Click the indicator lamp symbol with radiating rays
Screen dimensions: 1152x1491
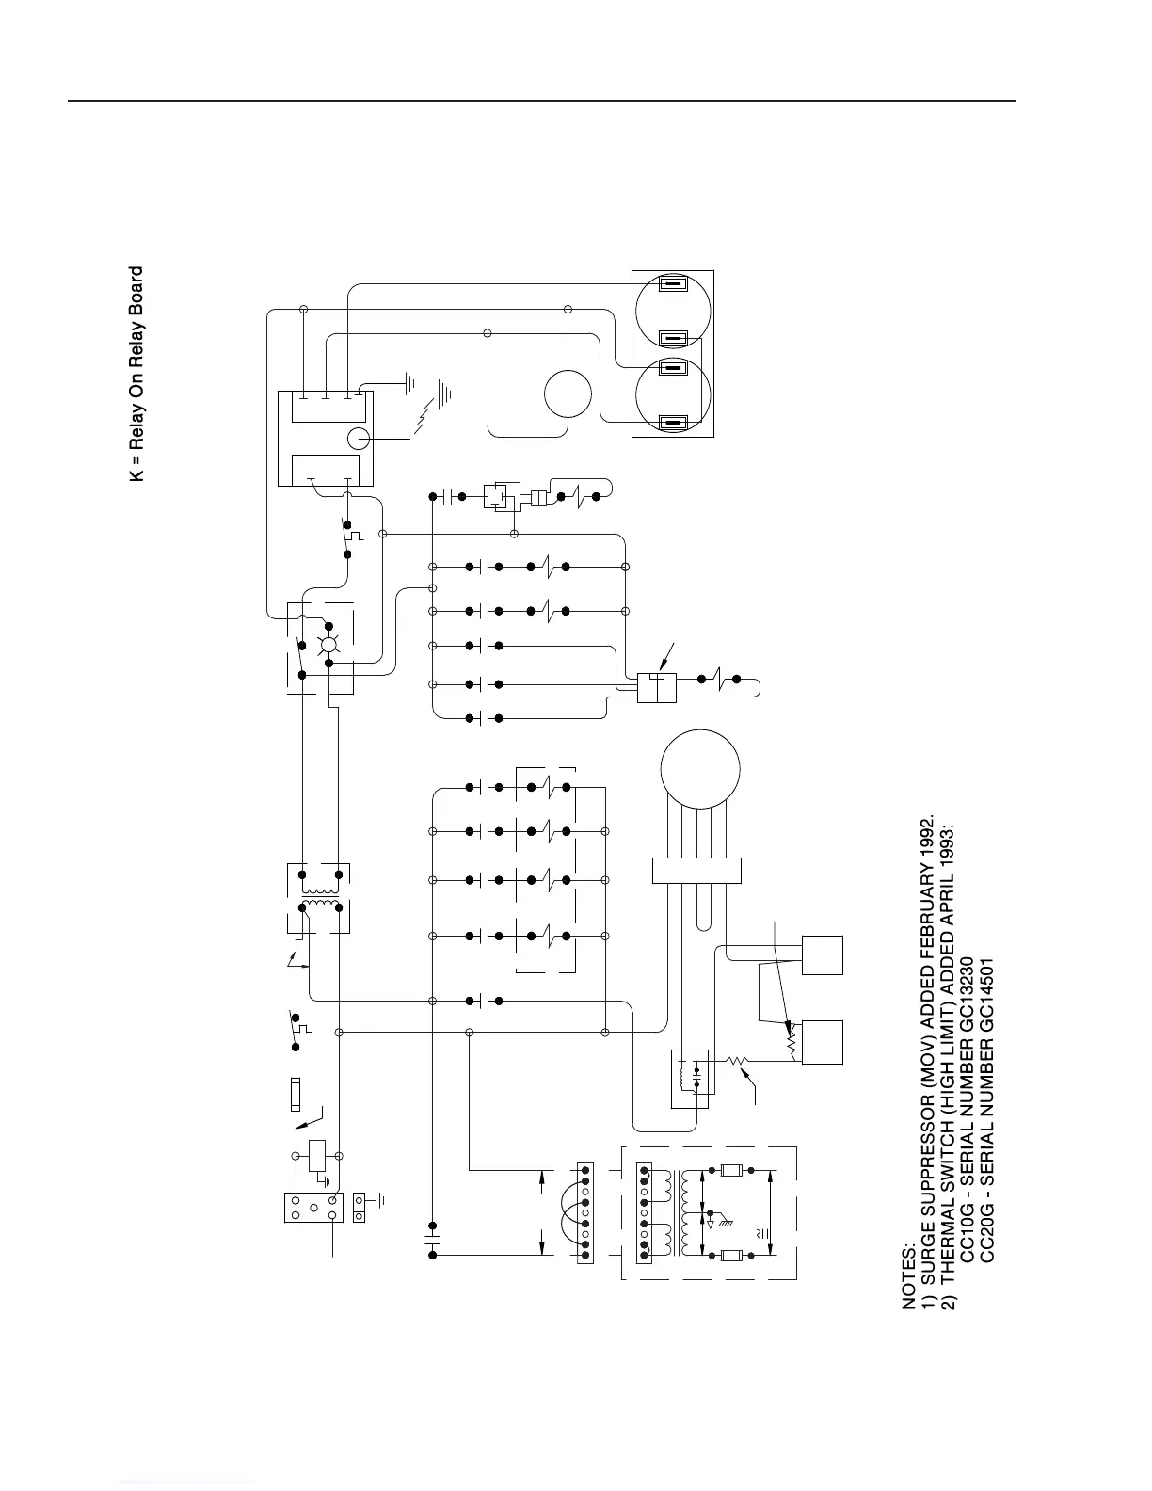[x=328, y=645]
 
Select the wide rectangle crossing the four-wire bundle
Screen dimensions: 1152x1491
[x=696, y=871]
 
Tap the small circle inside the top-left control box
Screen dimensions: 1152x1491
[x=360, y=438]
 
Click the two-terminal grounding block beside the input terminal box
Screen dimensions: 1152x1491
[x=360, y=1208]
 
